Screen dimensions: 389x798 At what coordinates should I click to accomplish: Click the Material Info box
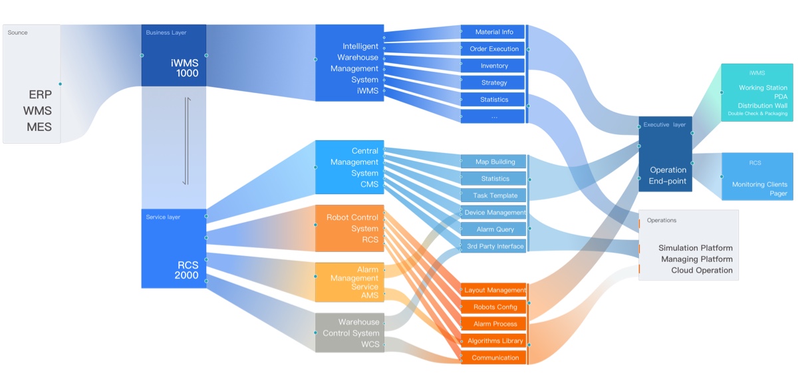tap(493, 32)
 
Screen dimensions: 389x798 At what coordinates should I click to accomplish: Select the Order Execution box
tap(493, 49)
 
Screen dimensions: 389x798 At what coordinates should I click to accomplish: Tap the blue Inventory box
tap(493, 66)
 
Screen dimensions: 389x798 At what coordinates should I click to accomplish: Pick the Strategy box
tap(493, 82)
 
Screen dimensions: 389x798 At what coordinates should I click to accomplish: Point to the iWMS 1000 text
tap(184, 68)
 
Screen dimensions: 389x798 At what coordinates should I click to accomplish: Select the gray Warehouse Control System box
tap(350, 332)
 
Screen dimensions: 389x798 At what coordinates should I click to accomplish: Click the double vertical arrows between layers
tap(186, 142)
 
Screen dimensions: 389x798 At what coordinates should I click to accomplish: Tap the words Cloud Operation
tap(702, 271)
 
